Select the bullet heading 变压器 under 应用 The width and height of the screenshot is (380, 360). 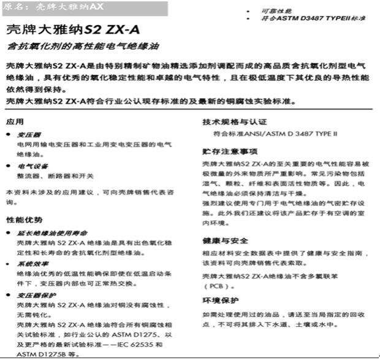[x=29, y=134]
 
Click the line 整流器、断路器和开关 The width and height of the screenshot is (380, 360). [x=55, y=177]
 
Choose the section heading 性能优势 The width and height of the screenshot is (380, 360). [x=25, y=220]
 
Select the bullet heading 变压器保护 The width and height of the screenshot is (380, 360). [x=36, y=295]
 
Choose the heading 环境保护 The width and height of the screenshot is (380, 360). [x=221, y=301]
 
